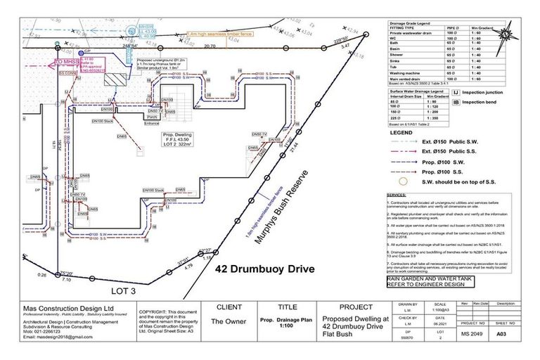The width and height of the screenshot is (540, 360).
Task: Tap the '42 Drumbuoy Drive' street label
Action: click(264, 269)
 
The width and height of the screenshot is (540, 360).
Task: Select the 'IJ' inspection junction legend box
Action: click(456, 91)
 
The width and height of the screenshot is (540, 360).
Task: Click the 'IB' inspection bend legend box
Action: click(456, 103)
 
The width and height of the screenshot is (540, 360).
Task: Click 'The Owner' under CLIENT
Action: click(227, 321)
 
